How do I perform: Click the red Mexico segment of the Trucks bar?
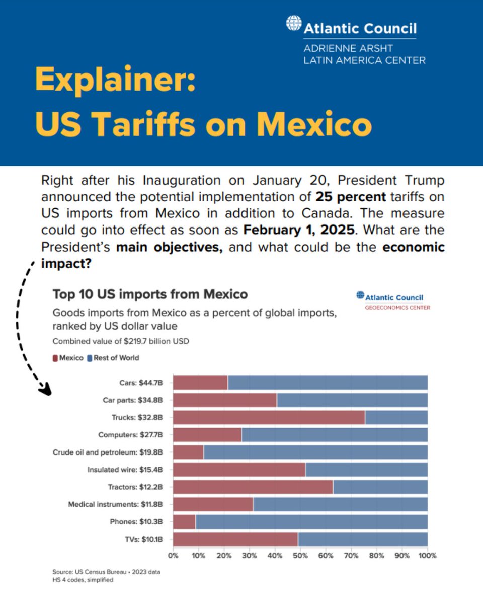tap(269, 417)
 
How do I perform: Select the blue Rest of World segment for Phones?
tap(311, 522)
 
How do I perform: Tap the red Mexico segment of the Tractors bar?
tap(253, 487)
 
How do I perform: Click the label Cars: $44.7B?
tap(141, 383)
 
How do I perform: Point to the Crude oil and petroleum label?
tap(111, 452)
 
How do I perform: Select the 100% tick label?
tap(427, 556)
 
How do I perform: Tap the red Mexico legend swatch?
tap(55, 358)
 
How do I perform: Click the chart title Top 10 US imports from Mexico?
tap(150, 293)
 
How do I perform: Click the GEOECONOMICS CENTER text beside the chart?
tap(397, 307)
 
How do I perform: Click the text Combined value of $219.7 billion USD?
tap(121, 341)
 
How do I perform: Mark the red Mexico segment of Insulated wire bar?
tap(239, 470)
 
